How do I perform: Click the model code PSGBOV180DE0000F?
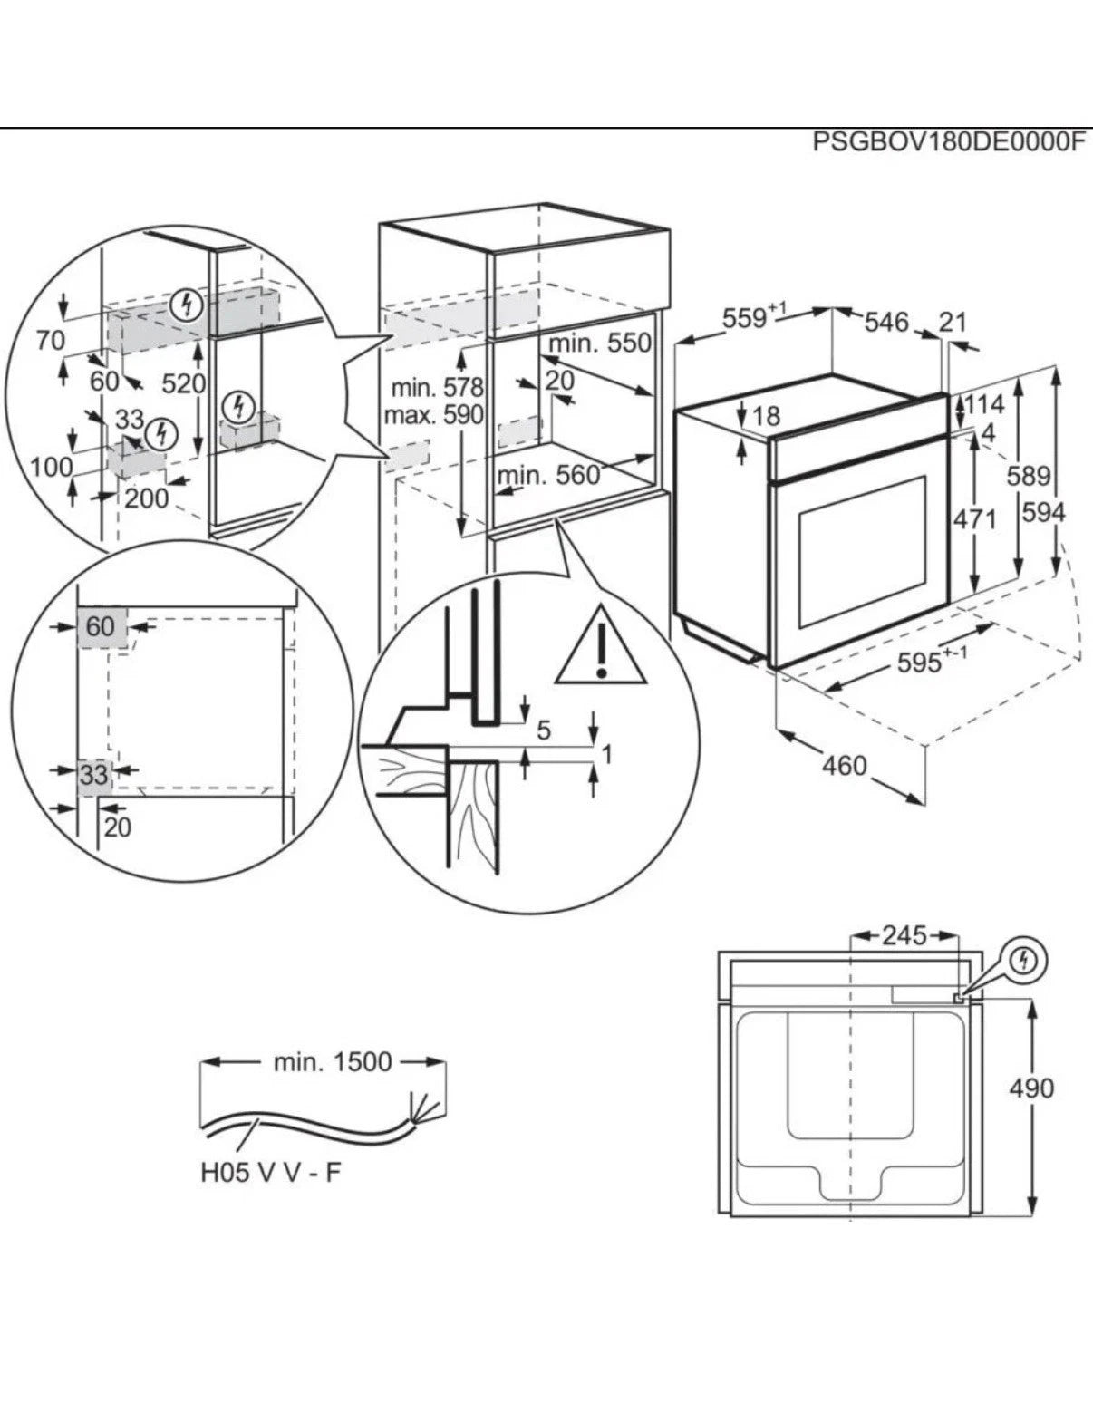[x=947, y=142]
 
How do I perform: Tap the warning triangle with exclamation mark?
[x=601, y=646]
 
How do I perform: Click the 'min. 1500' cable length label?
[x=333, y=1061]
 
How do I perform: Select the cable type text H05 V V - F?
[x=271, y=1173]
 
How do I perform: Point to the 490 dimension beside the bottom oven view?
[x=1032, y=1088]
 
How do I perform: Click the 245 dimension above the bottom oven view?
[x=904, y=935]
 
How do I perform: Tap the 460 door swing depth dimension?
[x=845, y=766]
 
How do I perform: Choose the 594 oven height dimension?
[x=1044, y=513]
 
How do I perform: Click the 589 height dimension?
[x=1028, y=475]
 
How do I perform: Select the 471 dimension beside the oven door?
[x=975, y=519]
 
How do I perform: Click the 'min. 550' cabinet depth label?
[x=600, y=343]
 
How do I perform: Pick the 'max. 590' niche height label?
[x=433, y=416]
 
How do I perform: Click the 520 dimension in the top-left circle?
[x=184, y=383]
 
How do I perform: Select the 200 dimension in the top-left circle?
[x=147, y=498]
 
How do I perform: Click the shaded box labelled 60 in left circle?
[x=102, y=627]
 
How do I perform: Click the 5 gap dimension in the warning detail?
[x=544, y=730]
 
